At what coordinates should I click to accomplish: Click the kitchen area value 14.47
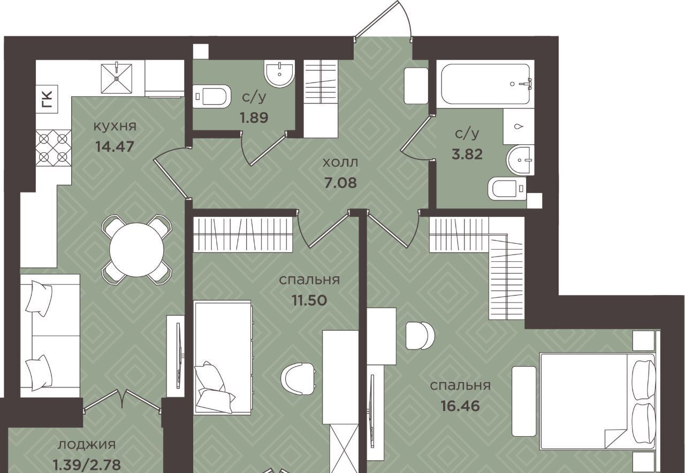click(115, 146)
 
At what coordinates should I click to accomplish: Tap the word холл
click(340, 163)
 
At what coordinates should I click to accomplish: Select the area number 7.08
click(340, 183)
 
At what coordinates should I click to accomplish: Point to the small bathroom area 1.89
click(254, 118)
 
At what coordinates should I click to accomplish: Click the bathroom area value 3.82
click(467, 154)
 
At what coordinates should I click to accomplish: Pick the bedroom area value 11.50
click(309, 300)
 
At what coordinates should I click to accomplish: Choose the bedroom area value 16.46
click(460, 406)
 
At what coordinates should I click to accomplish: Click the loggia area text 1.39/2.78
click(87, 466)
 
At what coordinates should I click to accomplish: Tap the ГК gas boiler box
click(47, 99)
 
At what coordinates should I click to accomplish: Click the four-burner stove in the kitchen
click(54, 148)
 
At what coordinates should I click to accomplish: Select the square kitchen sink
click(117, 78)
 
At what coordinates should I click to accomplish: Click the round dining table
click(136, 250)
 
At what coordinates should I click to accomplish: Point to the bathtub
click(485, 84)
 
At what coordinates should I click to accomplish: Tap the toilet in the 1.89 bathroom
click(211, 96)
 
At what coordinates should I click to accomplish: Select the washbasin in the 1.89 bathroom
click(279, 74)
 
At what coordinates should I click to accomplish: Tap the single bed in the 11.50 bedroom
click(223, 358)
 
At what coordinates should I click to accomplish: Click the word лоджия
click(87, 445)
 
